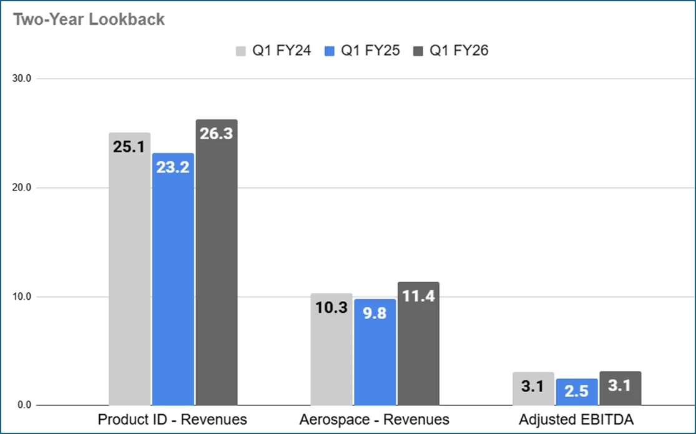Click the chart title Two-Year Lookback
89,19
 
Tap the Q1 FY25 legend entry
361,51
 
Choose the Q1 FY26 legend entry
451,51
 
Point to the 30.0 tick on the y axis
23,79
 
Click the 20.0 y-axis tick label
23,187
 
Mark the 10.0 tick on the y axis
23,297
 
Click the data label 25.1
129,147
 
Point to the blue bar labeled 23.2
172,281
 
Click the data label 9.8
375,313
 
